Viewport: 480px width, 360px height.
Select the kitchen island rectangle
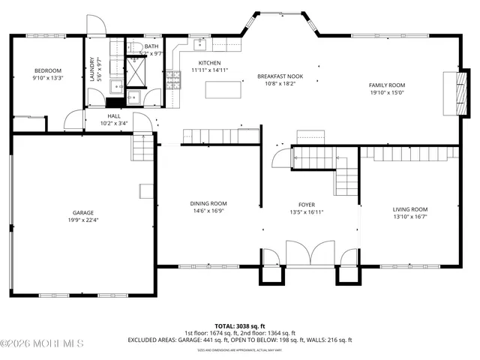[223, 90]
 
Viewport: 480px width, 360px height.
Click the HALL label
[114, 116]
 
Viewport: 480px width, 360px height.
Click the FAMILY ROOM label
[386, 86]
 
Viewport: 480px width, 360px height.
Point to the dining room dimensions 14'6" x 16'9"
[208, 211]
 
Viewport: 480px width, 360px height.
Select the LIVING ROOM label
[410, 209]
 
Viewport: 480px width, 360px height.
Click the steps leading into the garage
[143, 148]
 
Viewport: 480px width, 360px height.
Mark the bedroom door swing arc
[73, 120]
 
